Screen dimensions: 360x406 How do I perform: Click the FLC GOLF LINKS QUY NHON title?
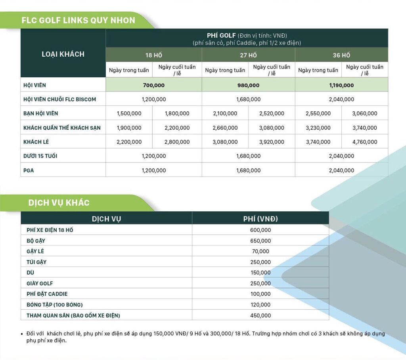tap(78, 20)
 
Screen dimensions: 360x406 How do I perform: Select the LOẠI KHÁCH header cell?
tap(63, 54)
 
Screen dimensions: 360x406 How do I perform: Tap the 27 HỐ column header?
tap(248, 55)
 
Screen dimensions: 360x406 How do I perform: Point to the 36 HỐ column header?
tap(341, 55)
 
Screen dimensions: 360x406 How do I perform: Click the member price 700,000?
tap(153, 85)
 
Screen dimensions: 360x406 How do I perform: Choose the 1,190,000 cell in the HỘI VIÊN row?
tap(341, 85)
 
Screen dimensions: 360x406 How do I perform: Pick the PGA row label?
tap(29, 170)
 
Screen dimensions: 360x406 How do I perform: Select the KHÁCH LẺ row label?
tap(36, 142)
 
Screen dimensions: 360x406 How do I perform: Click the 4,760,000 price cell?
tap(365, 142)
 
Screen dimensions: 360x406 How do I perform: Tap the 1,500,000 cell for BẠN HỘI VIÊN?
tap(129, 113)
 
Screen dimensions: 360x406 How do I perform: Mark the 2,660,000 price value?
tap(225, 128)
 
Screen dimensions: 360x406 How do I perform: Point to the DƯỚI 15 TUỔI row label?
tap(40, 156)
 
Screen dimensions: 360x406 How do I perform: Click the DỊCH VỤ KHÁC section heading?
tap(59, 203)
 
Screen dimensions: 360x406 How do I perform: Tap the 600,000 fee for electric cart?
tap(260, 230)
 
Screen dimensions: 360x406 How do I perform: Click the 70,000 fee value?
tap(260, 251)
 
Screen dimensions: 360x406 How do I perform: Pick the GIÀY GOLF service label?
tap(40, 283)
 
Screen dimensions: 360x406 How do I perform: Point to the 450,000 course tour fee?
tap(260, 316)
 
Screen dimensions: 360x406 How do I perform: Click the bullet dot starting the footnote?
tap(22, 334)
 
